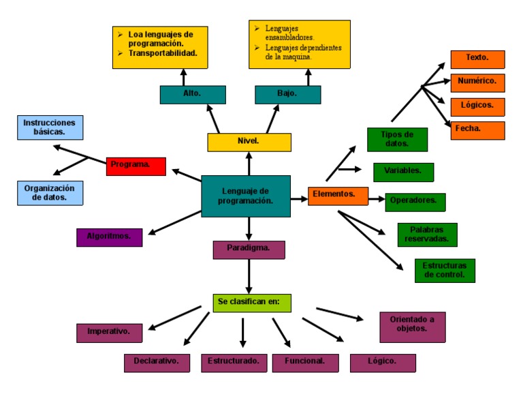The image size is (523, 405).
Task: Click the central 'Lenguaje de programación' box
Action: coord(246,196)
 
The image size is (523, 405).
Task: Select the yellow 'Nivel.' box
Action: coord(249,142)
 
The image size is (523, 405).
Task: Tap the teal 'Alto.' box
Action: coord(193,94)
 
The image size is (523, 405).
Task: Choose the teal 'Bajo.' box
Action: coord(287,94)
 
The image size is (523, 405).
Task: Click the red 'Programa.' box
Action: coord(136,166)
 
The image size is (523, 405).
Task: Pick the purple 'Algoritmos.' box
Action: coord(110,237)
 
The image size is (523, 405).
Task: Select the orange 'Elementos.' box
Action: coord(334,196)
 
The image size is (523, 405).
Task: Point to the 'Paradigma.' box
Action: coord(249,250)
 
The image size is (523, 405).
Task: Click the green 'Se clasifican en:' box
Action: coord(252,303)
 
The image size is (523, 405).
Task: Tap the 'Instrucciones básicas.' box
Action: coord(50,127)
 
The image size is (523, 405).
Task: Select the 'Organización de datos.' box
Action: coord(50,193)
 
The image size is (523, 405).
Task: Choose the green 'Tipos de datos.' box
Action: coord(397,139)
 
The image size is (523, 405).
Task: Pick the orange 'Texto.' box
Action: coord(477,59)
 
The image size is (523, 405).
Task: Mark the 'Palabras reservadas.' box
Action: coord(427,235)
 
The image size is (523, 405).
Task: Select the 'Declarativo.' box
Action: coord(157,363)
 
